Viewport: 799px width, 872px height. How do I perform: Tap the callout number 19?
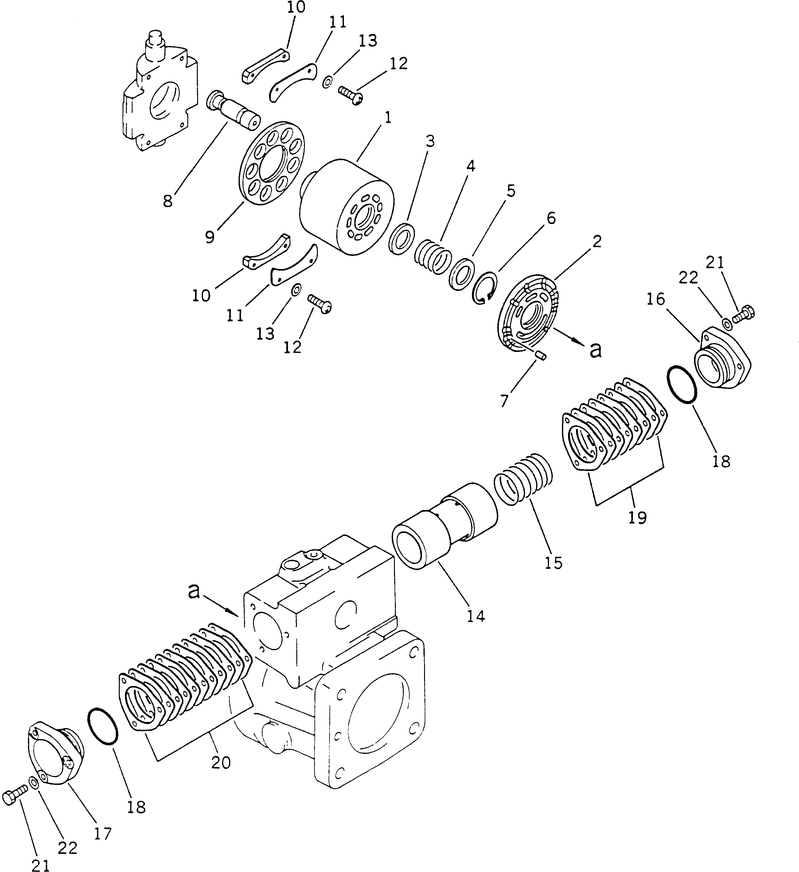[637, 517]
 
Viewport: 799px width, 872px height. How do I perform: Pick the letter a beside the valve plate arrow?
[596, 350]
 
